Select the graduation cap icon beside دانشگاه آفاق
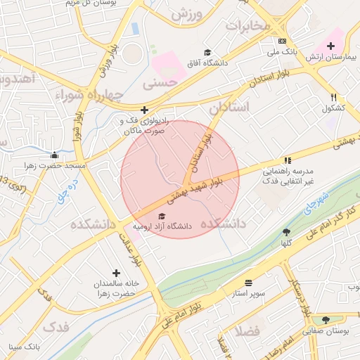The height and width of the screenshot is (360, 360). [207, 52]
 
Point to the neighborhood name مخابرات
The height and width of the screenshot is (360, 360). [247, 25]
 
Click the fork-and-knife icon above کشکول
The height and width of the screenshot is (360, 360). [333, 98]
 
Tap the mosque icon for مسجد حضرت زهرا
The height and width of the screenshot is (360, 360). [55, 155]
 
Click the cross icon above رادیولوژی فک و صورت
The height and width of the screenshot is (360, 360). [144, 110]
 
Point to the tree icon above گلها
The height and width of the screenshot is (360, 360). [286, 232]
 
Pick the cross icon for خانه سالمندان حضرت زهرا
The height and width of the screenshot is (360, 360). [116, 272]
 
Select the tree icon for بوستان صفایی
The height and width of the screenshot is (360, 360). [325, 320]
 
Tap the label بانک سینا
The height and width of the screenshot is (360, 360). [25, 347]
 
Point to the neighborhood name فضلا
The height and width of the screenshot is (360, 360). [250, 330]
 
